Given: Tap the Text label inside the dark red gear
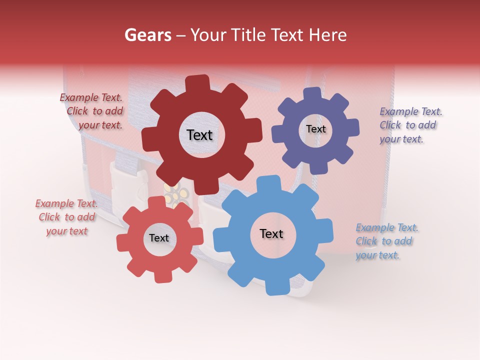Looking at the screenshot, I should [x=199, y=135].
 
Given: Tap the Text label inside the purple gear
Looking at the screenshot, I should [x=315, y=129].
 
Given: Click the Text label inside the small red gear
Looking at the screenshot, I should [x=159, y=238].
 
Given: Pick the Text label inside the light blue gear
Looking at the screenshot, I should [x=271, y=233].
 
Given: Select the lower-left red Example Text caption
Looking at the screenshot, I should [x=66, y=217].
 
